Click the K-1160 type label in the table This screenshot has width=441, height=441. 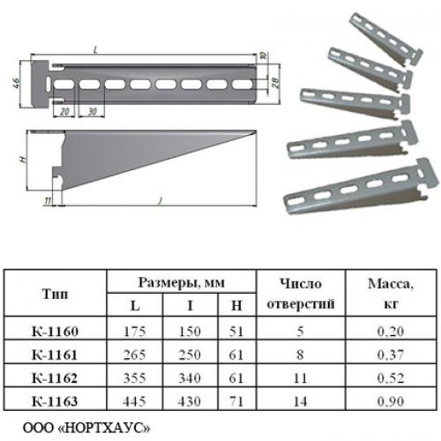tap(55, 332)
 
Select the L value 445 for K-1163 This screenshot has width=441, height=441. tap(134, 401)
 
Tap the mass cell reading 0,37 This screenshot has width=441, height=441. tap(391, 355)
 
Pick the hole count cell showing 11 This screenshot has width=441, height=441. tap(300, 378)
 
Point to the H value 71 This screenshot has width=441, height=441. tap(236, 401)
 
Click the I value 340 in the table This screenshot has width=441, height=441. tap(190, 378)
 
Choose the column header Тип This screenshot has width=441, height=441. tap(55, 294)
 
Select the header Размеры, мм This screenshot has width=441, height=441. tap(182, 282)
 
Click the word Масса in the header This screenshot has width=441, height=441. tap(389, 284)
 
